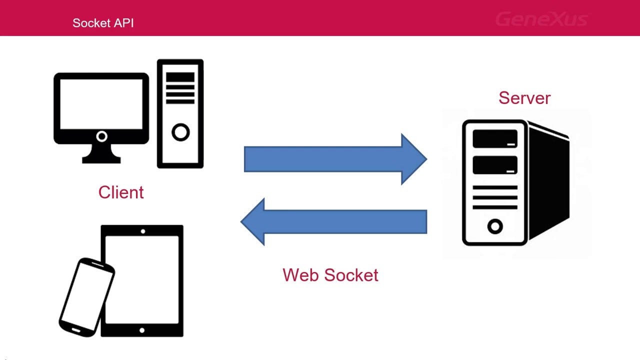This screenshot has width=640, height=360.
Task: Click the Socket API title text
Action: [x=103, y=22]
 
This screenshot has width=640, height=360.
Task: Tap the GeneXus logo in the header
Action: [x=542, y=19]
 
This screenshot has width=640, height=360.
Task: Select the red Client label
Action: [x=121, y=192]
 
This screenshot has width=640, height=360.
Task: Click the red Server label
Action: [x=524, y=97]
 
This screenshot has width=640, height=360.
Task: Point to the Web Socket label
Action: [x=330, y=274]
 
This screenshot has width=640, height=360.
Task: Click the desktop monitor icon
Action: [x=101, y=107]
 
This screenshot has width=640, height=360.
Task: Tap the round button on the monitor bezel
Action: [x=101, y=136]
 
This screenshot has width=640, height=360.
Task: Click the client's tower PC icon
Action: [x=180, y=113]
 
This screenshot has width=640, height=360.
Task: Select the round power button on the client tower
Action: [x=180, y=132]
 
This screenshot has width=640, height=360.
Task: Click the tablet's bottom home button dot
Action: [x=142, y=330]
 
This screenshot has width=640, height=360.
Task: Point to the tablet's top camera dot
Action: [x=143, y=231]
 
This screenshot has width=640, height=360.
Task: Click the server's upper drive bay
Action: [x=495, y=138]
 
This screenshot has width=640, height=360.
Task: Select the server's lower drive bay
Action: [x=495, y=165]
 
